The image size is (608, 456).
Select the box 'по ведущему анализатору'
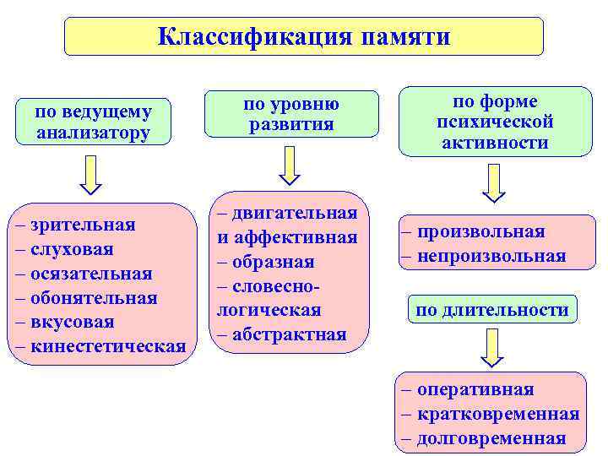[x=94, y=122]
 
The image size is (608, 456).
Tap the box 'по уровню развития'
[x=291, y=114]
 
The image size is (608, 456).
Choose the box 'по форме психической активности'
[x=495, y=122]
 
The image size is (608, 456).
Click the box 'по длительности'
[x=492, y=310]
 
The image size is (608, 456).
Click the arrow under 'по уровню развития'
[x=290, y=164]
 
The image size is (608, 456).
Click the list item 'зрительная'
[x=82, y=225]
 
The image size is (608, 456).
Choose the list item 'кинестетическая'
[x=107, y=347]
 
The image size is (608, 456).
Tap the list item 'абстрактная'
[x=287, y=334]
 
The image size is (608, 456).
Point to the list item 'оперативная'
[x=474, y=389]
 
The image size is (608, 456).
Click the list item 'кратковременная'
[x=497, y=414]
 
